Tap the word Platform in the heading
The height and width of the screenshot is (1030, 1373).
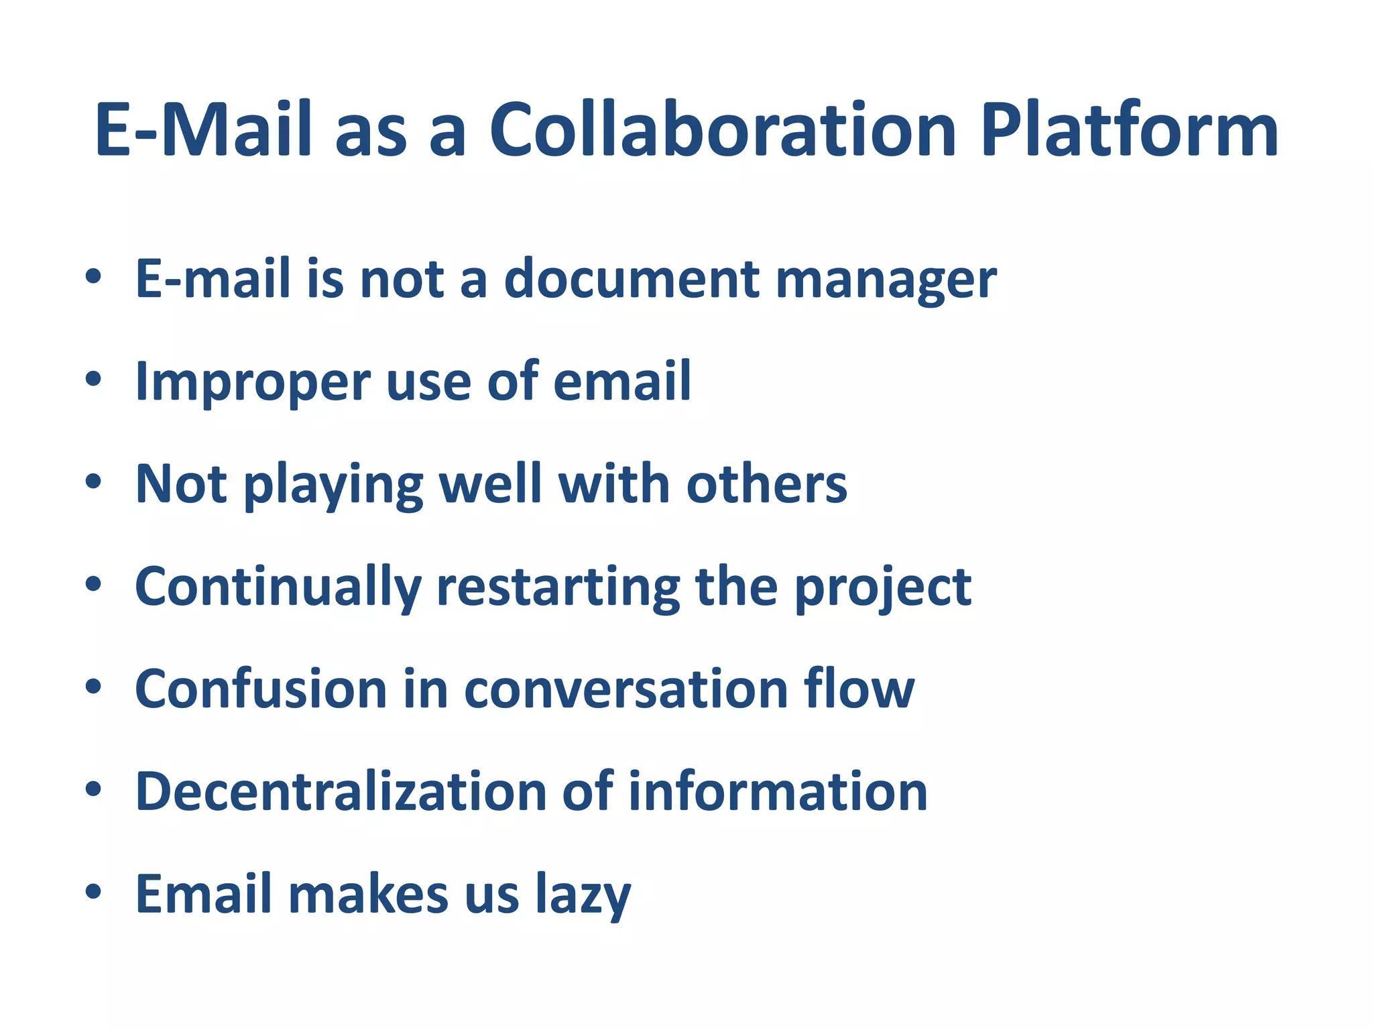[x=1129, y=130]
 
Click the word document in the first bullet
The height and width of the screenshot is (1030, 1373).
[x=632, y=279]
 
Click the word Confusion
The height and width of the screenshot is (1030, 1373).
[x=261, y=689]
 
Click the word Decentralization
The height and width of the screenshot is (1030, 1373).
[x=341, y=792]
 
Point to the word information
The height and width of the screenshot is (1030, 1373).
[x=778, y=792]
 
